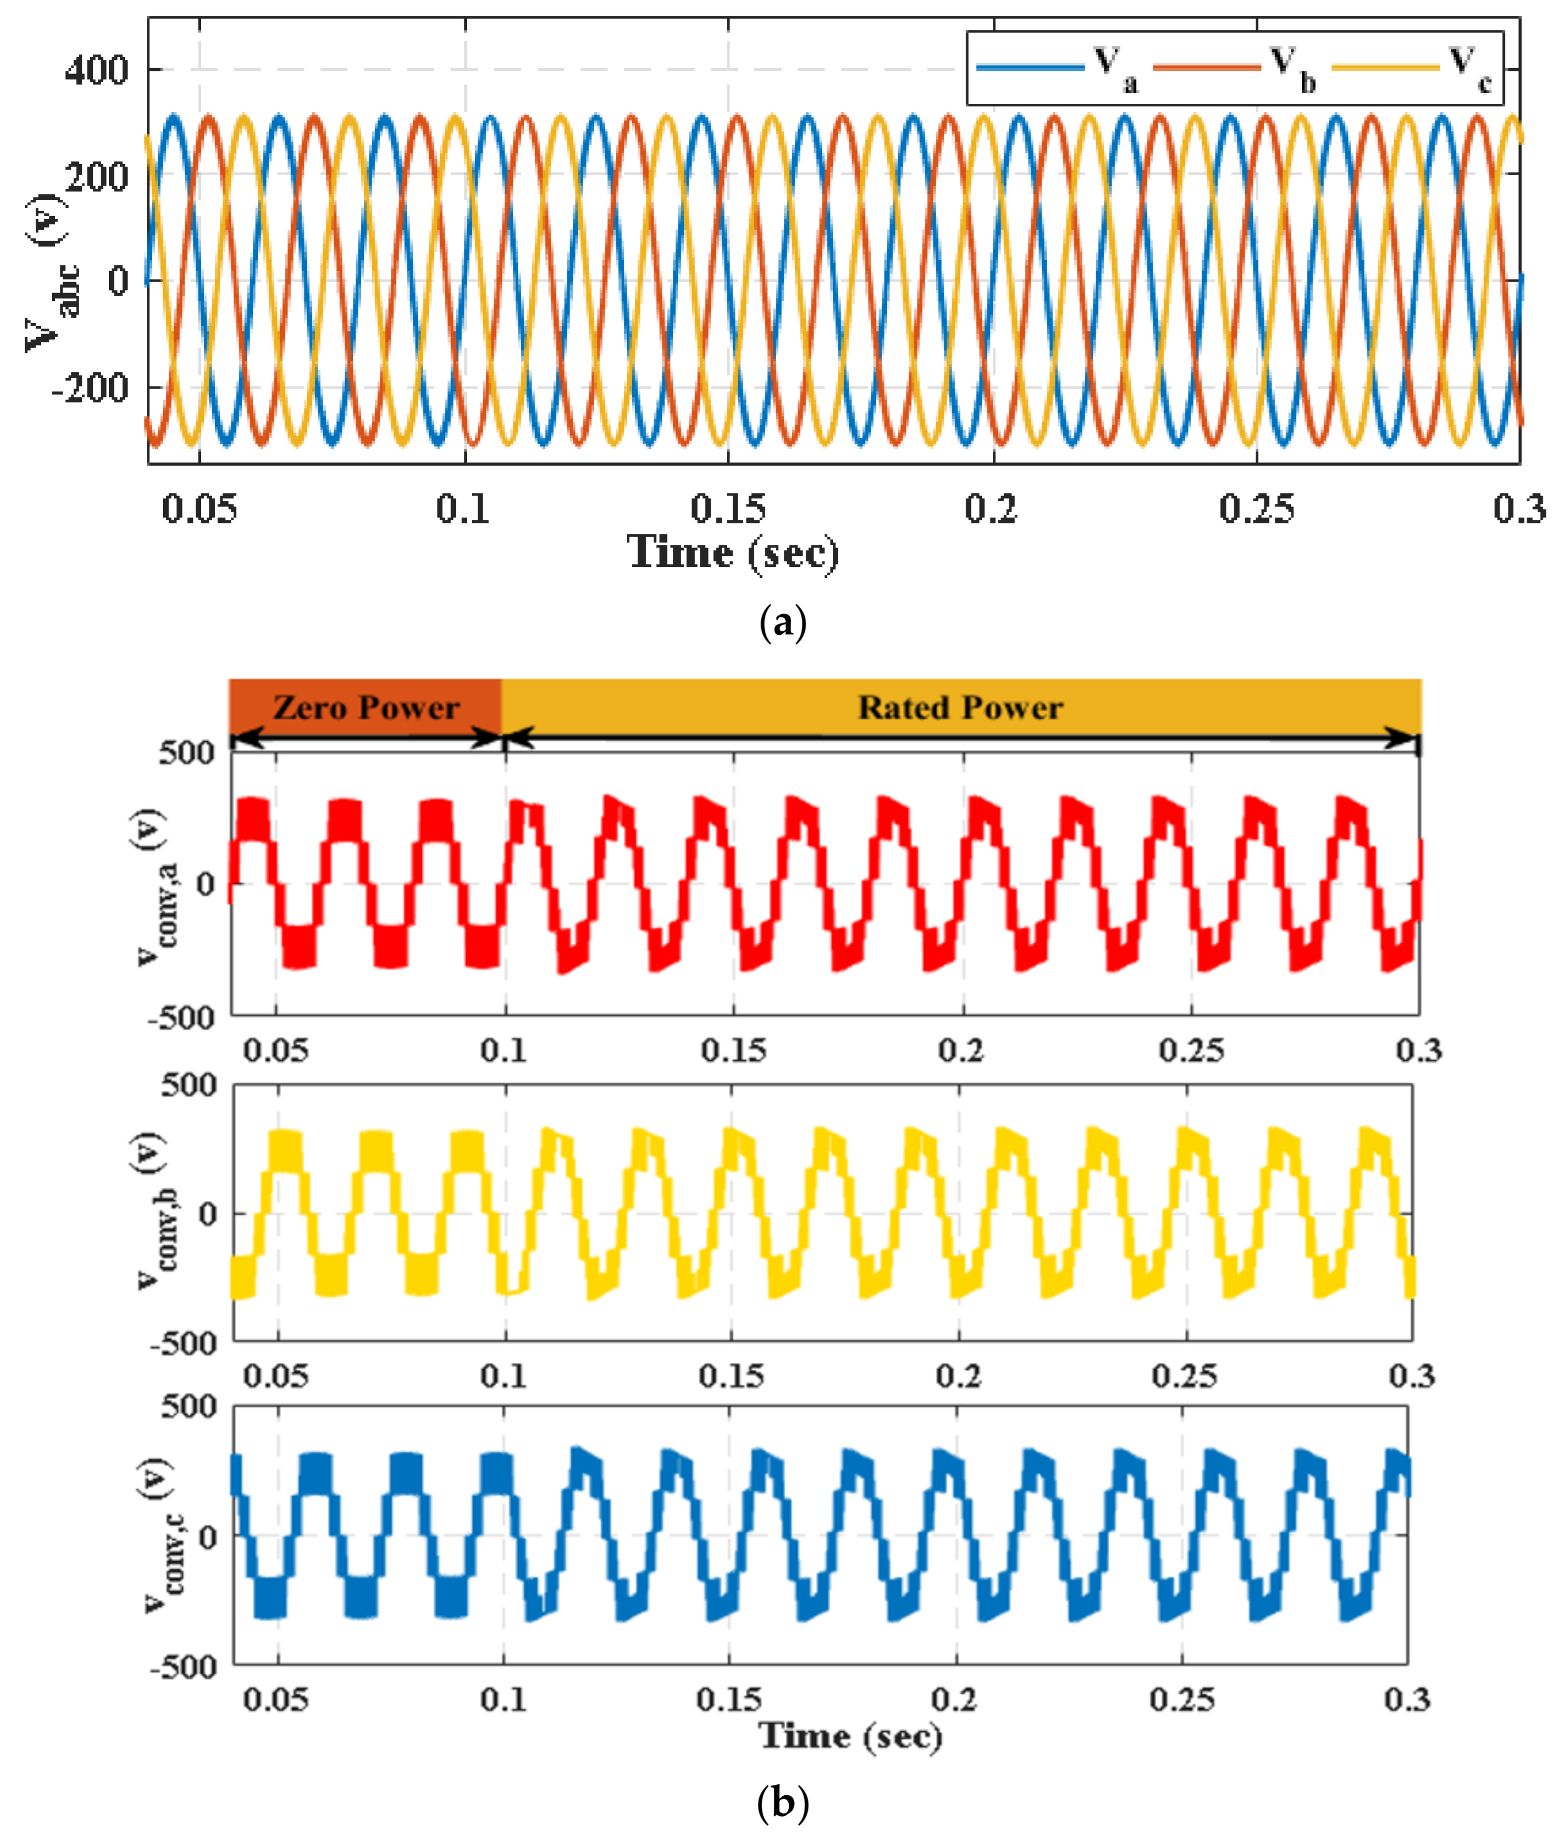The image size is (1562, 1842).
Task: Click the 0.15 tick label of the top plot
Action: point(728,509)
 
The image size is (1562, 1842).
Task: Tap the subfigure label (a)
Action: point(783,624)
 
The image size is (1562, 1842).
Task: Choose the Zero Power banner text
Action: point(366,708)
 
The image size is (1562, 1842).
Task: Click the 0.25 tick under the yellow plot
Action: point(1184,1376)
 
